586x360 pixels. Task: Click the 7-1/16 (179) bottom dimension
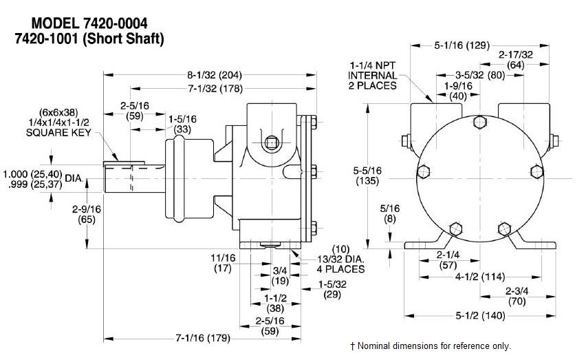click(203, 338)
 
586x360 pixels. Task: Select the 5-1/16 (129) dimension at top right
click(462, 46)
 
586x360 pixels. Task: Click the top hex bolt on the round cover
click(479, 123)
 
